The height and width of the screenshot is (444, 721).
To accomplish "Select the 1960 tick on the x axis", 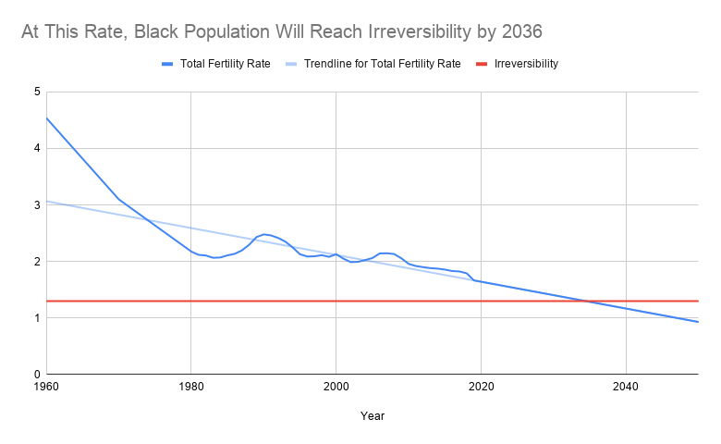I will click(x=46, y=387).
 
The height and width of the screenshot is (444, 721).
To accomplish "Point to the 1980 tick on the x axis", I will click(x=190, y=387).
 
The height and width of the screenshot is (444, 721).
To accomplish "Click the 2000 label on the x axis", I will click(x=336, y=387).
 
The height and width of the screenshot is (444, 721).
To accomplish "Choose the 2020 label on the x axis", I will click(x=481, y=387).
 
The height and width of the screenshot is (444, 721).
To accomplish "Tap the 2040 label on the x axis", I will click(x=626, y=387).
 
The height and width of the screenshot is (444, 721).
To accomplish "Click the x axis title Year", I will click(x=373, y=416).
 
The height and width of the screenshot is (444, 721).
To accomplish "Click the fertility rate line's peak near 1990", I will click(x=264, y=234).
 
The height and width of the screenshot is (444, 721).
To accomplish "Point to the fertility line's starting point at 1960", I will click(x=46, y=117).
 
